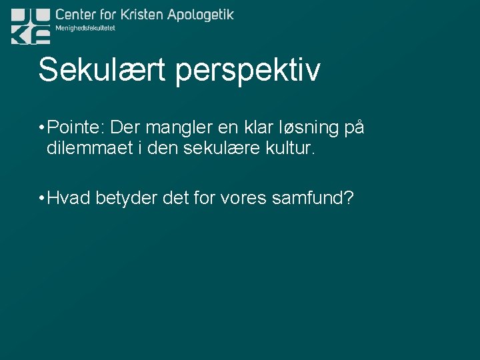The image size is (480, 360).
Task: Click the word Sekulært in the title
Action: (103, 70)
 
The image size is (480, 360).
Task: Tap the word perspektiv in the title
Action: (248, 72)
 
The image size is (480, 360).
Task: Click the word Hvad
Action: (69, 198)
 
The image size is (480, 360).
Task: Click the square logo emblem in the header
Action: (30, 26)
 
